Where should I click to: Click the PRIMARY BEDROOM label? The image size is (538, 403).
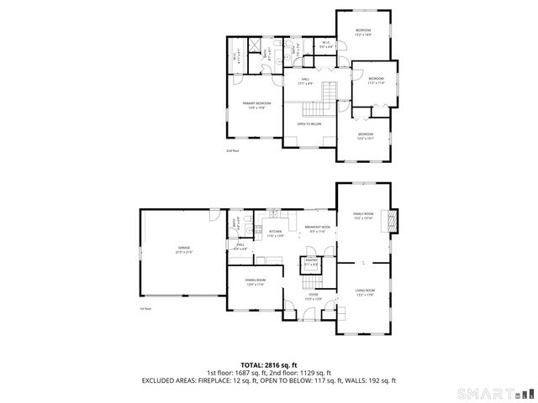pyautogui.click(x=256, y=105)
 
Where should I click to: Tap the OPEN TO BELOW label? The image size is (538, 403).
pyautogui.click(x=309, y=124)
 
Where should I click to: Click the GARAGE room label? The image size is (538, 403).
pyautogui.click(x=183, y=249)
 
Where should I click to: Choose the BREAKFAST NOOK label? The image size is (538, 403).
pyautogui.click(x=316, y=227)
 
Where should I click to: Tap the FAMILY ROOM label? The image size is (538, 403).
pyautogui.click(x=363, y=216)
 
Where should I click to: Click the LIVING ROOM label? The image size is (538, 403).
pyautogui.click(x=364, y=291)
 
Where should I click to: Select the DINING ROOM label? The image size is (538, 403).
pyautogui.click(x=256, y=282)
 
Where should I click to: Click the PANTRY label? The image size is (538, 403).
pyautogui.click(x=311, y=262)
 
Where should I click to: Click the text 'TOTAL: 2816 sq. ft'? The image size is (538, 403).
pyautogui.click(x=268, y=365)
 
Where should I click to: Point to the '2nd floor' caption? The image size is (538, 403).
pyautogui.click(x=233, y=150)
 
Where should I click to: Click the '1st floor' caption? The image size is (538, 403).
pyautogui.click(x=145, y=308)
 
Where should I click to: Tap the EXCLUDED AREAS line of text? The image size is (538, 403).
pyautogui.click(x=268, y=381)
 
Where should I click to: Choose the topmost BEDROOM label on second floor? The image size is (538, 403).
pyautogui.click(x=363, y=32)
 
